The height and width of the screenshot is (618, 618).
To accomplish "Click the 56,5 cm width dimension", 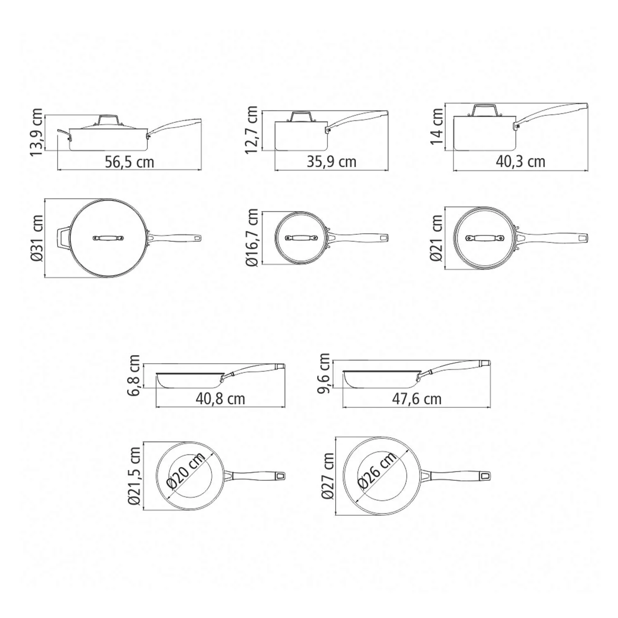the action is click(129, 162).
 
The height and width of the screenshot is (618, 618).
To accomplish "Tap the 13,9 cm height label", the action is click(36, 132).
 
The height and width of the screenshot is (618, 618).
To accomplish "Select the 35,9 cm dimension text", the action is click(332, 162).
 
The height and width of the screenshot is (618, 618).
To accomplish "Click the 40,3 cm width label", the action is click(520, 162).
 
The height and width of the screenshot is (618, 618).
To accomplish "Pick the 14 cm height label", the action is click(436, 126).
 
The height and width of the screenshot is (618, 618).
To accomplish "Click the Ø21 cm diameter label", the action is click(436, 238).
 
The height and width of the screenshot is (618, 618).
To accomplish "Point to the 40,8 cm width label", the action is click(220, 399).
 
